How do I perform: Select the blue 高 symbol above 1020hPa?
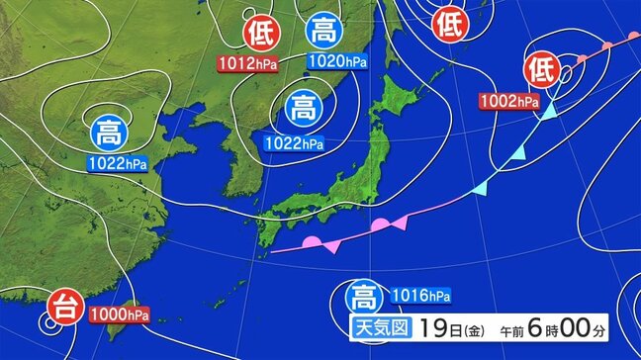322,33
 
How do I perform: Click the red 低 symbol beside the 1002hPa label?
543,71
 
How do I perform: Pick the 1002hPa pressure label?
509,100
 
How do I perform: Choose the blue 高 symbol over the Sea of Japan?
302,104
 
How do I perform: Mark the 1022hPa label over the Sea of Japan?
295,142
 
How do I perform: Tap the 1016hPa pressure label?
421,294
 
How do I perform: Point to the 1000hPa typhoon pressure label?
120,315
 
